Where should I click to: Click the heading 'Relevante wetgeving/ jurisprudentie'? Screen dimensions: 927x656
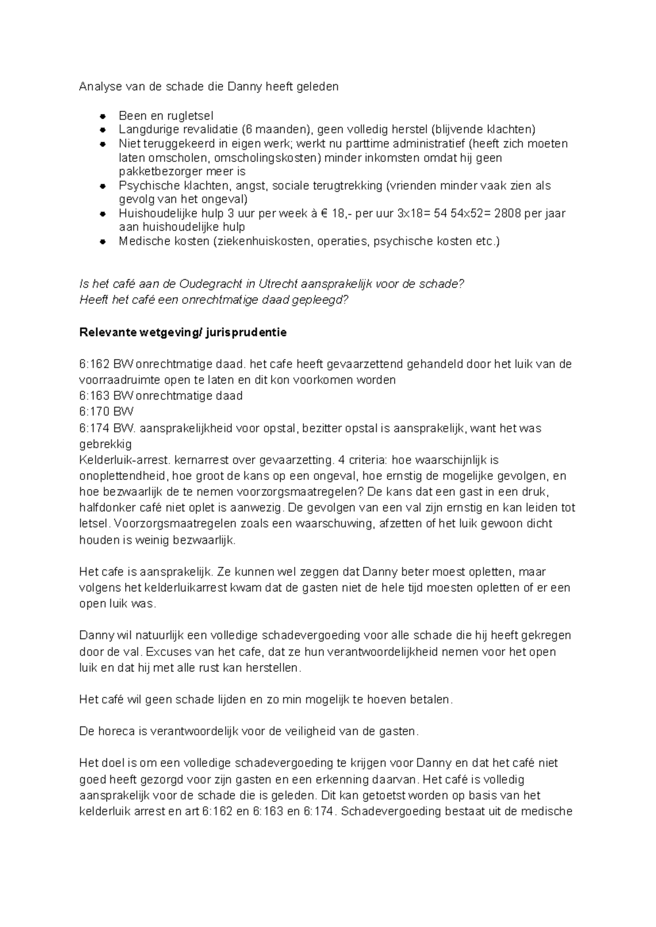[183, 332]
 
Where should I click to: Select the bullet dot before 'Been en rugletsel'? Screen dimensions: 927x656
[102, 116]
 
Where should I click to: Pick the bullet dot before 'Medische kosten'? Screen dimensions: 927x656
[102, 242]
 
